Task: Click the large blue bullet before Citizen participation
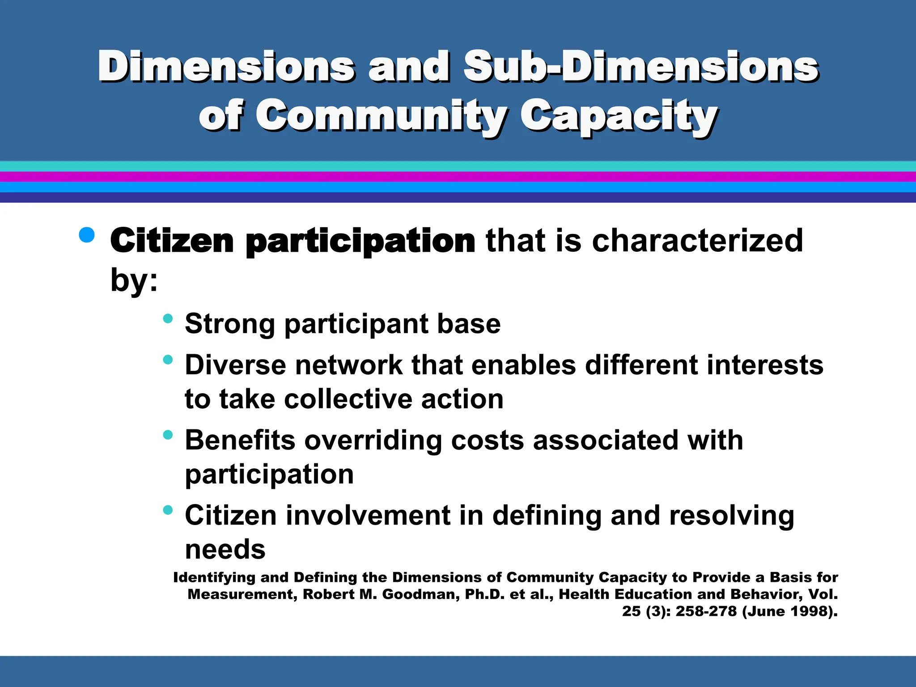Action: [87, 234]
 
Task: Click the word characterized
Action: [697, 241]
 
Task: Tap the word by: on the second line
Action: [134, 280]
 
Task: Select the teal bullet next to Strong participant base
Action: [168, 318]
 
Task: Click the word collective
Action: [348, 399]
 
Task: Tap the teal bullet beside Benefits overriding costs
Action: [168, 435]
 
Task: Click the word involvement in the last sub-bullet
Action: [368, 515]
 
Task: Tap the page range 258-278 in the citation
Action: [706, 611]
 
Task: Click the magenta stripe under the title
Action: [458, 177]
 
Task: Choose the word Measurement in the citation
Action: [242, 594]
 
